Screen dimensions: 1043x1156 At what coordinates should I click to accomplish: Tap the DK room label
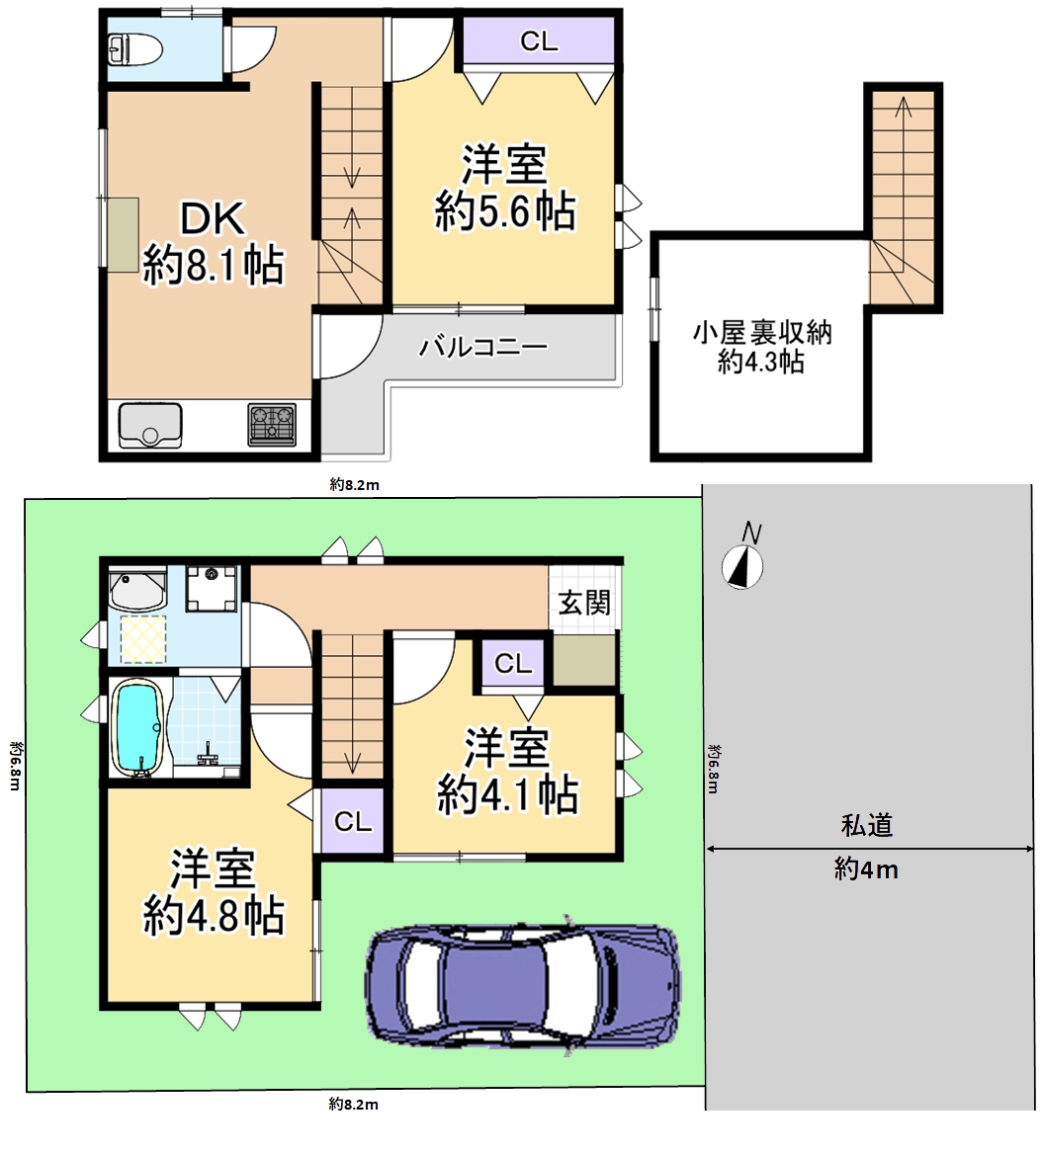pyautogui.click(x=214, y=219)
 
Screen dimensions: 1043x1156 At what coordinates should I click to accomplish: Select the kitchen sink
pyautogui.click(x=150, y=425)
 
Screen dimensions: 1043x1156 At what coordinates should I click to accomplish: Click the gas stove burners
pyautogui.click(x=272, y=425)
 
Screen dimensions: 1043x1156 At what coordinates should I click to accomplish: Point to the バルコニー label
pyautogui.click(x=483, y=346)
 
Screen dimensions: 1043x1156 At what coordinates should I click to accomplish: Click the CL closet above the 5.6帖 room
pyautogui.click(x=539, y=41)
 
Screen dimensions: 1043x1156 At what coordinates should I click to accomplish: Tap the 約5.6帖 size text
pyautogui.click(x=504, y=211)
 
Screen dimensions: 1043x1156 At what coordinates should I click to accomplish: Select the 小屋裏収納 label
pyautogui.click(x=761, y=333)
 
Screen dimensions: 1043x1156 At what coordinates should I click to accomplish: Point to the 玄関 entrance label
pyautogui.click(x=584, y=603)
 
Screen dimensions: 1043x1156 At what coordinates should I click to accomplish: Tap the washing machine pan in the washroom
pyautogui.click(x=212, y=588)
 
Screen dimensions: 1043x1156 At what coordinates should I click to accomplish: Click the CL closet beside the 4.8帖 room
pyautogui.click(x=353, y=820)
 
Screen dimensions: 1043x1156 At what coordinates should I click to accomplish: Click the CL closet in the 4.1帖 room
pyautogui.click(x=513, y=664)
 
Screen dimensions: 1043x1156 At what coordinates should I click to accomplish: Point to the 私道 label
pyautogui.click(x=867, y=825)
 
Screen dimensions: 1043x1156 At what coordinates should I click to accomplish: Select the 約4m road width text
pyautogui.click(x=867, y=869)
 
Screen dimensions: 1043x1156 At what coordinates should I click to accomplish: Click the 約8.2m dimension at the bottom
pyautogui.click(x=353, y=1104)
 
